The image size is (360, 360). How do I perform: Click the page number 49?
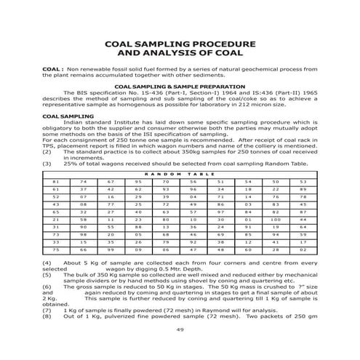click(180, 330)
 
